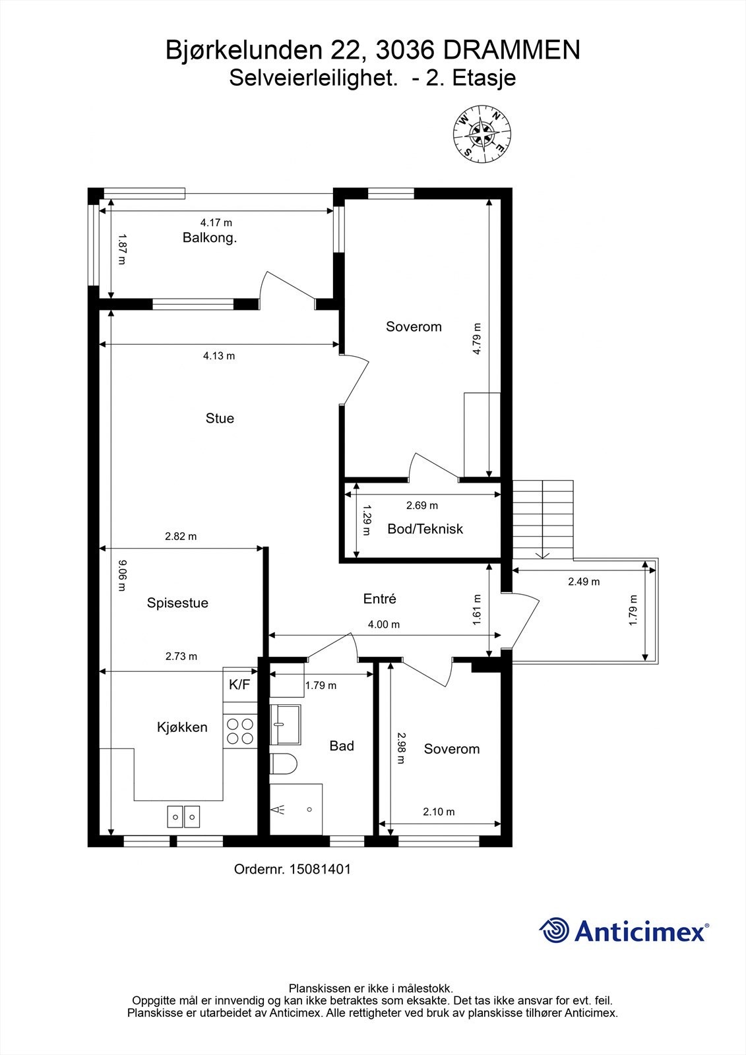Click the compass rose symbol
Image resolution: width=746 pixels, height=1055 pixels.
482,135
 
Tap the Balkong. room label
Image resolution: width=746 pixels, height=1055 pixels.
210,238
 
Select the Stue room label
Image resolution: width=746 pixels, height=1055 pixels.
220,418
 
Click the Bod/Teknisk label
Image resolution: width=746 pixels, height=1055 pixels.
425,529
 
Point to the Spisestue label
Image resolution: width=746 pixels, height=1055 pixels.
177,603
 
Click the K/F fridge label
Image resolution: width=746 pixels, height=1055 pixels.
239,684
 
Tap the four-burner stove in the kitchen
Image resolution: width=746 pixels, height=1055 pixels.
240,731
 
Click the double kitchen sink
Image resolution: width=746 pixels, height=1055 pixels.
183,816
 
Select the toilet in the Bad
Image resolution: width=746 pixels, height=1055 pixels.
283,763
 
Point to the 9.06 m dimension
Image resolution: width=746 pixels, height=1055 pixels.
121,575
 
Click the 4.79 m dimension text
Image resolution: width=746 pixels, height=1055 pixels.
476,339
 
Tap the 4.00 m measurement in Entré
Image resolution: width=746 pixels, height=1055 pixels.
384,624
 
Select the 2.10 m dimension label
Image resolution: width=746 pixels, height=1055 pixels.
439,812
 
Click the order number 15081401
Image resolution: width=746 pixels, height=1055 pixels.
320,869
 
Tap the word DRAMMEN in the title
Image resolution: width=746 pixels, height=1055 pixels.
512,50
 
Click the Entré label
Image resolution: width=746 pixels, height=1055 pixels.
379,599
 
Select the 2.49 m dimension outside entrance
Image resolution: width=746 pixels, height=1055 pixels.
584,582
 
